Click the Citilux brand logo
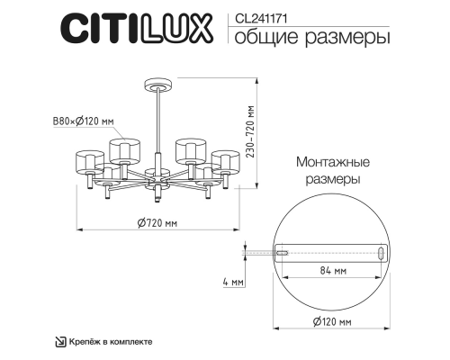[x=138, y=26]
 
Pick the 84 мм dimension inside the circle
[x=332, y=269]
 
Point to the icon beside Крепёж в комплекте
[x=60, y=342]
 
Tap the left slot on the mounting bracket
[x=282, y=255]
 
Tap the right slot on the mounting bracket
[x=382, y=255]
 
